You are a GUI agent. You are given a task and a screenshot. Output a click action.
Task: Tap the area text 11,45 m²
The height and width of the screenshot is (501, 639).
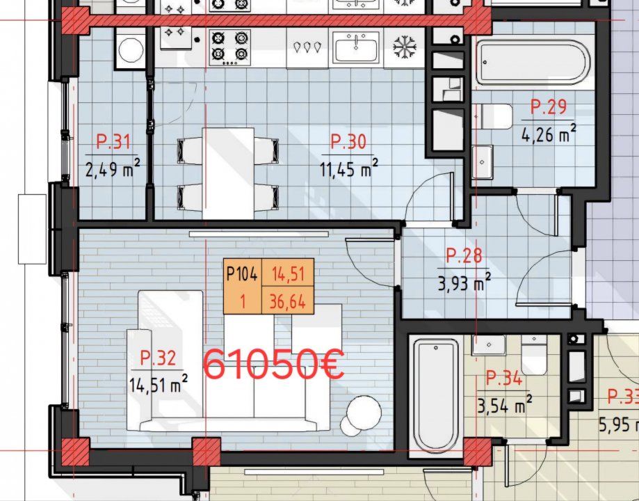point(349,168)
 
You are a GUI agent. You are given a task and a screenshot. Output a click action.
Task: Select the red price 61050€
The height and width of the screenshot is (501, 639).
point(274,365)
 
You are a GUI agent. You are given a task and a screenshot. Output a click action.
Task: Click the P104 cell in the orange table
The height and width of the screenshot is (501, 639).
point(242,273)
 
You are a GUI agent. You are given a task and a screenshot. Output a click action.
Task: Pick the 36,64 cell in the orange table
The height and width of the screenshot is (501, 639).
point(287,301)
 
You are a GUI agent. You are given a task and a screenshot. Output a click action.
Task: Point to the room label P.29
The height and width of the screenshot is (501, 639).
point(549,107)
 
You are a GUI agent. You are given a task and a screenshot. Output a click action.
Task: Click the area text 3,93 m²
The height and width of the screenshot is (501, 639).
point(464,282)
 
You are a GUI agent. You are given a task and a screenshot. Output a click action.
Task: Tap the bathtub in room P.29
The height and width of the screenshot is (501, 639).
point(533,62)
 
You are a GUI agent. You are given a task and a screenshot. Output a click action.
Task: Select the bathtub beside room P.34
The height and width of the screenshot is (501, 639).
point(436,395)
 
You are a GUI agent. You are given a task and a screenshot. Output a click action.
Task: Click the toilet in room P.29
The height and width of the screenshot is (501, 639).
point(492,116)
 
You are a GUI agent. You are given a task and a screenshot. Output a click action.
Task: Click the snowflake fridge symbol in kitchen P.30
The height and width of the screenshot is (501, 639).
point(404,47)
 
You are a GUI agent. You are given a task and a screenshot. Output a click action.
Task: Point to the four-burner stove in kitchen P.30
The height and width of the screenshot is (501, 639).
point(229,47)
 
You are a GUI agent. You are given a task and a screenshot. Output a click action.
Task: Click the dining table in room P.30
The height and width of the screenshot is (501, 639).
point(228,174)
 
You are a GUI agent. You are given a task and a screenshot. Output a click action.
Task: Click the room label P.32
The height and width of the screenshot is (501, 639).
point(158,358)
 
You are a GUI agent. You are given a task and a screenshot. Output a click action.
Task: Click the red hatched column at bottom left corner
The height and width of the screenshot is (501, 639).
point(75,452)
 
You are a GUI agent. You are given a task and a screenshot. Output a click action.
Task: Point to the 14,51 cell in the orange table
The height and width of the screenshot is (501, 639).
point(287,273)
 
